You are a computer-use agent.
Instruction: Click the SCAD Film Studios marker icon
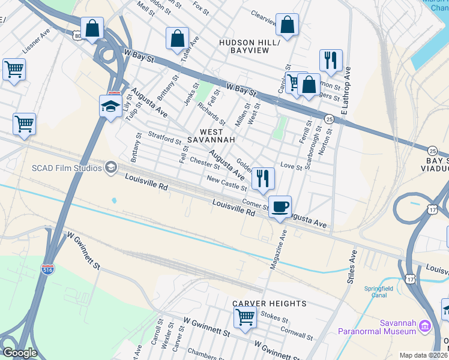[110, 167]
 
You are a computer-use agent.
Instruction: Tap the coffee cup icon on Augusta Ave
[280, 206]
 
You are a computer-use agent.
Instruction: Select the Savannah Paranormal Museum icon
[425, 326]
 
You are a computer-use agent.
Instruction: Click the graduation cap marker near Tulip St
[111, 106]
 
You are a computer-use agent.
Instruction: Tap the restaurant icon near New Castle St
[263, 178]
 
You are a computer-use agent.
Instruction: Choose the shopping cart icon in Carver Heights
[245, 316]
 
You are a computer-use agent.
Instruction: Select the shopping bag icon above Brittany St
[178, 38]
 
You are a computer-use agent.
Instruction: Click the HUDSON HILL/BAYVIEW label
[249, 47]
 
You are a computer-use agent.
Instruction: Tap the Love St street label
[291, 166]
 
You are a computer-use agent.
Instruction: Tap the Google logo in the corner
[19, 353]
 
